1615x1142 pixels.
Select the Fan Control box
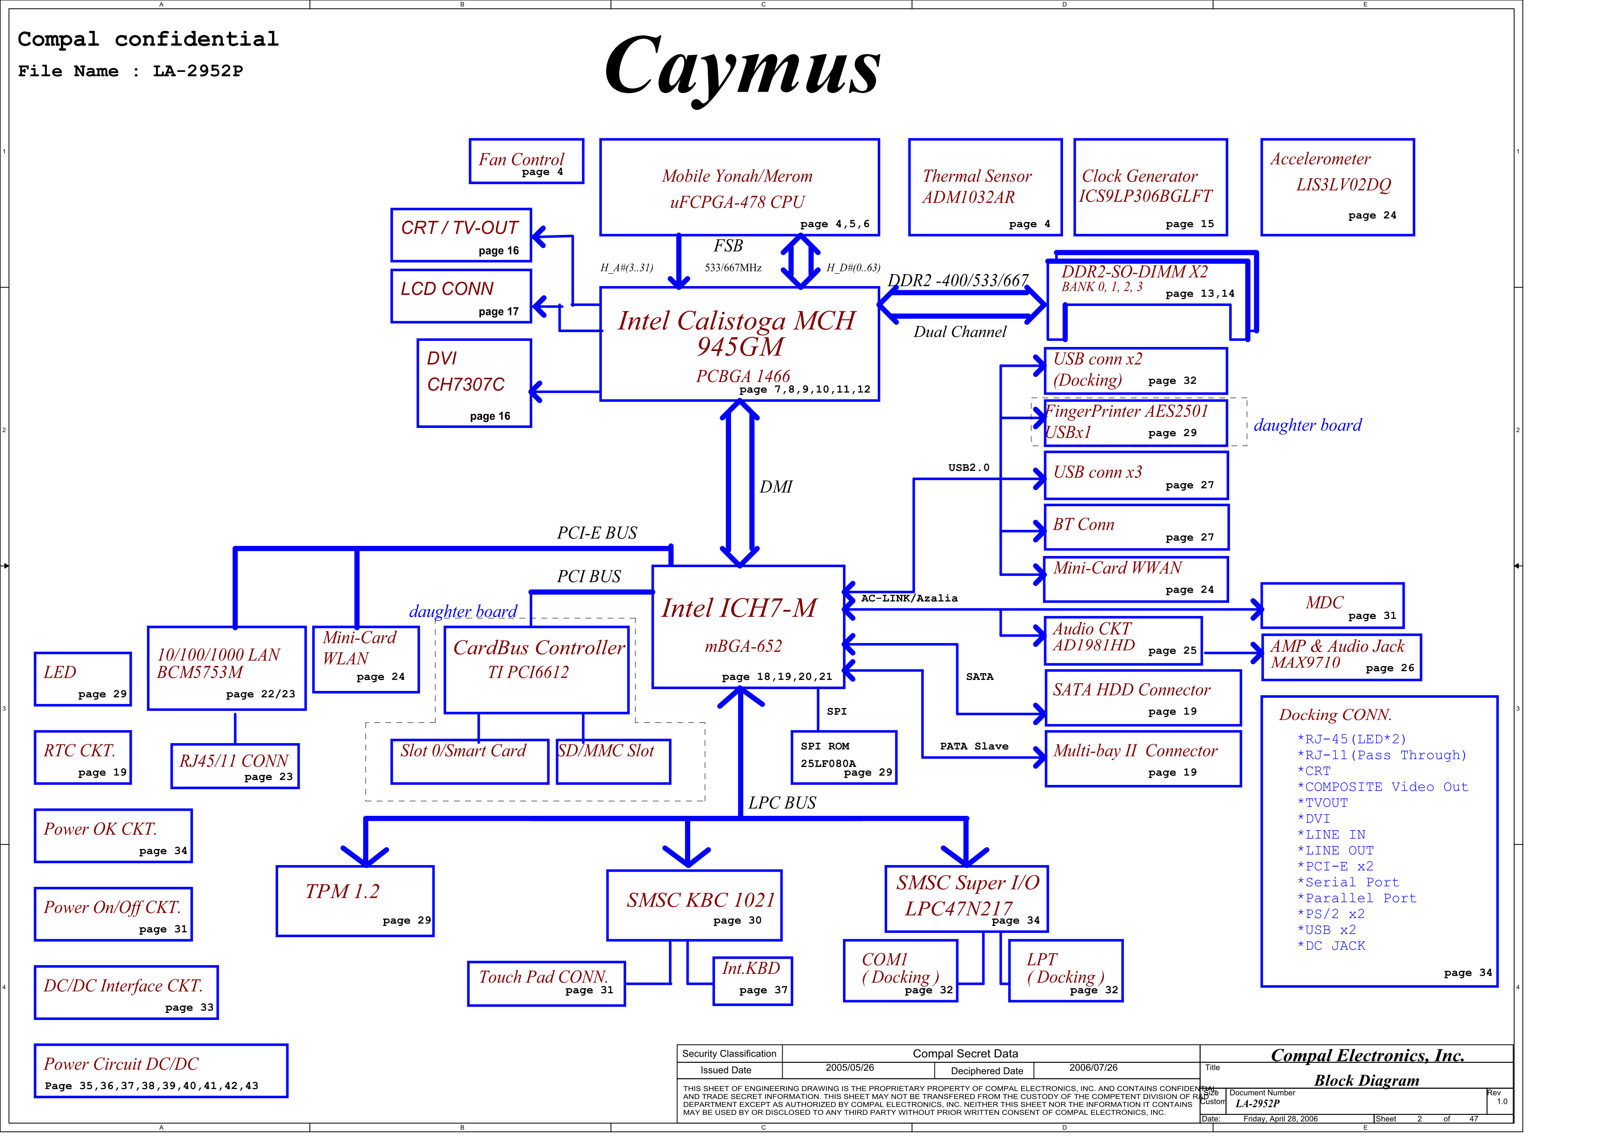point(526,161)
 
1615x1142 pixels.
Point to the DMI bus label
point(776,487)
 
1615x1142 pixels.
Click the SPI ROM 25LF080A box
point(844,758)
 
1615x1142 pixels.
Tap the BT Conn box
point(1137,527)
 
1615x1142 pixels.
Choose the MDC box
point(1333,605)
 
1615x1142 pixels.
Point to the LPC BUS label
point(782,803)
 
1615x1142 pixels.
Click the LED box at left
point(83,679)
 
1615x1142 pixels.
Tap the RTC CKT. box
point(83,757)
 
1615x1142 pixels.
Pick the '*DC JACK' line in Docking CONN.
point(1331,946)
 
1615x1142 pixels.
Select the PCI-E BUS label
point(597,533)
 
